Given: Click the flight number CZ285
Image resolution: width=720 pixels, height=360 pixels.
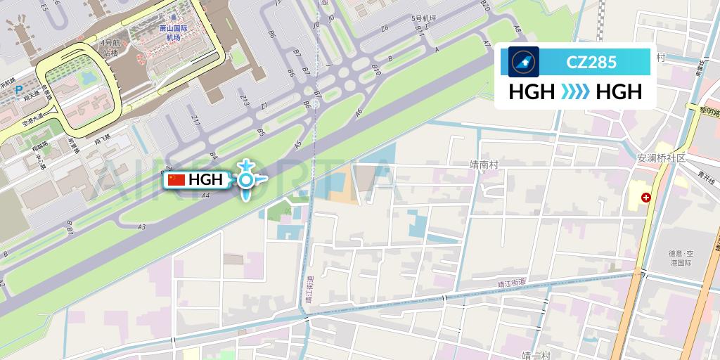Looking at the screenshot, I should [591, 62].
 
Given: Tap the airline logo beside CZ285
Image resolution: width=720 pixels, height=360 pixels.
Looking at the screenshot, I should [523, 62].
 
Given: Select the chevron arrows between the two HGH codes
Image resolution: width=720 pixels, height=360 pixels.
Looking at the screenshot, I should [576, 92].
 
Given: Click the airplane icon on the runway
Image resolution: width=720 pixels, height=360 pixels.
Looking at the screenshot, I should [245, 180].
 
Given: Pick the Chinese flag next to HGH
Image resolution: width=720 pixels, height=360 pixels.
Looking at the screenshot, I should [176, 180].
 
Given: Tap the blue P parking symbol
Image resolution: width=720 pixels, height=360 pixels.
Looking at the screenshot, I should [19, 90].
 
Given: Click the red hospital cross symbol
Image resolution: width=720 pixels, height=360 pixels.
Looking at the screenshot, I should [645, 199].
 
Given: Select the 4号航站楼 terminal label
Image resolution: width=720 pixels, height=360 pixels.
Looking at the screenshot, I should [110, 48].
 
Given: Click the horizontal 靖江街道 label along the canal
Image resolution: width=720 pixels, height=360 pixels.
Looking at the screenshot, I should [512, 283].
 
